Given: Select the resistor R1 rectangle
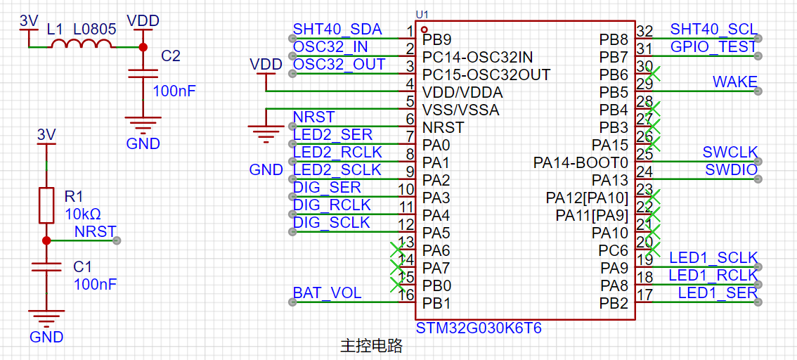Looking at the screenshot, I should pos(46,205).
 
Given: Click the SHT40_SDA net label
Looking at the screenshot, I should pos(337,30).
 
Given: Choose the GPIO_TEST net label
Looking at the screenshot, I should pos(713,47).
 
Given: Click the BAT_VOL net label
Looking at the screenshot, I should pos(328,292).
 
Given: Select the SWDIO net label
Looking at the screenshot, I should pos(731,170).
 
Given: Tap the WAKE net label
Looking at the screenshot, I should pos(734,82).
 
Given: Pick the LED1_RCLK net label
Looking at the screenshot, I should pos(713,275).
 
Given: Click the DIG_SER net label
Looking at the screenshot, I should pos(327,188).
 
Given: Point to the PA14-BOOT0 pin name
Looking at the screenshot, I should pos(580,163).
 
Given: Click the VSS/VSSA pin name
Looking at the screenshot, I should pos(461,110).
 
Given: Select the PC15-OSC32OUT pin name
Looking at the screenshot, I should pos(486,75).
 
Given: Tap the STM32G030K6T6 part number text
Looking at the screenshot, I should pos(479,328).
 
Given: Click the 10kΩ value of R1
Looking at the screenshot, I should pos(82,214).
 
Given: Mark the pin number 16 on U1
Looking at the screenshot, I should pos(406,295).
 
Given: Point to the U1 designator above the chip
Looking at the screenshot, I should pos(422,14).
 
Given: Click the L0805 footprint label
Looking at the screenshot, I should pos(94,30).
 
